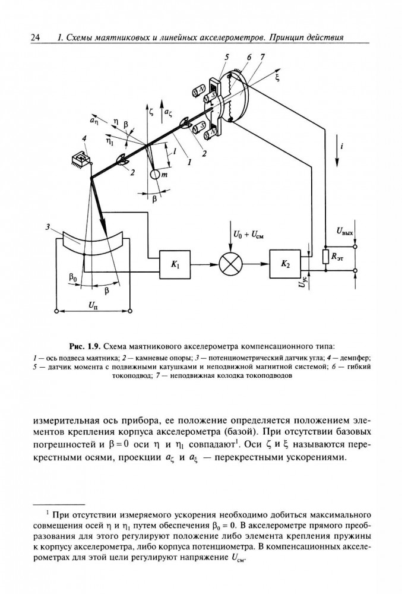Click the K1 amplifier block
pos(175,264)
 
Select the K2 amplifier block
pos(284,264)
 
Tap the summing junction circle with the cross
pos(230,264)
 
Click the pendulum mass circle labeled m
pos(155,174)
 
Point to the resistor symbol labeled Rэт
pos(325,257)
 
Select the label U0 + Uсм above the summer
pos(248,235)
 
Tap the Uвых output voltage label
pos(344,231)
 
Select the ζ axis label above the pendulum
pos(152,112)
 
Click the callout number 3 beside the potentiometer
pos(48,227)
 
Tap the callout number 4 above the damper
pos(84,139)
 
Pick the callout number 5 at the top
pos(227,57)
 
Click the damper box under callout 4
pos(81,159)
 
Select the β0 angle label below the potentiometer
pos(73,278)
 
